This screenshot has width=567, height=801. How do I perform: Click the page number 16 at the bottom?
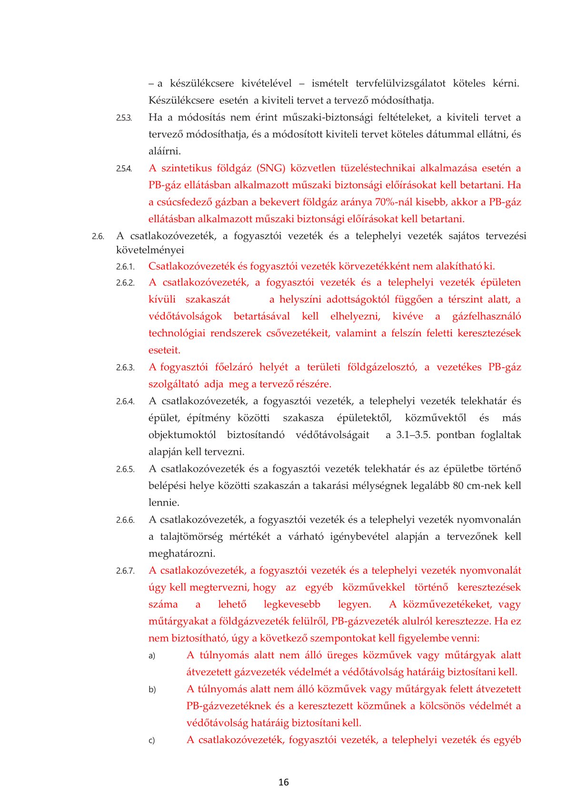pos(283,782)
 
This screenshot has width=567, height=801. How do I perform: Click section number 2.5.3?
pos(124,118)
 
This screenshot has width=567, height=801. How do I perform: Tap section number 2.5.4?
pos(124,169)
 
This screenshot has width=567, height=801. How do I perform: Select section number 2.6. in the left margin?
pos(98,236)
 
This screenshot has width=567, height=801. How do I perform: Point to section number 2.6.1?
pos(125,267)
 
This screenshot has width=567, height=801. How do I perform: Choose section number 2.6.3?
pos(125,368)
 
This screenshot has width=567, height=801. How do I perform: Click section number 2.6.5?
pos(125,469)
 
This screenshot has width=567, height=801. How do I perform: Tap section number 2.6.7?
pos(125,571)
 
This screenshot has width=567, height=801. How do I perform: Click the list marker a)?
pos(152,656)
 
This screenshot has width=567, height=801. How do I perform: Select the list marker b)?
pos(152,690)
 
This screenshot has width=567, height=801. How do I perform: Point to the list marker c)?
pos(152,741)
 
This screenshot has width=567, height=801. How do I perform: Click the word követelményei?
pos(150,250)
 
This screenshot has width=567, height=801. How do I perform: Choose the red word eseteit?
pos(164,351)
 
